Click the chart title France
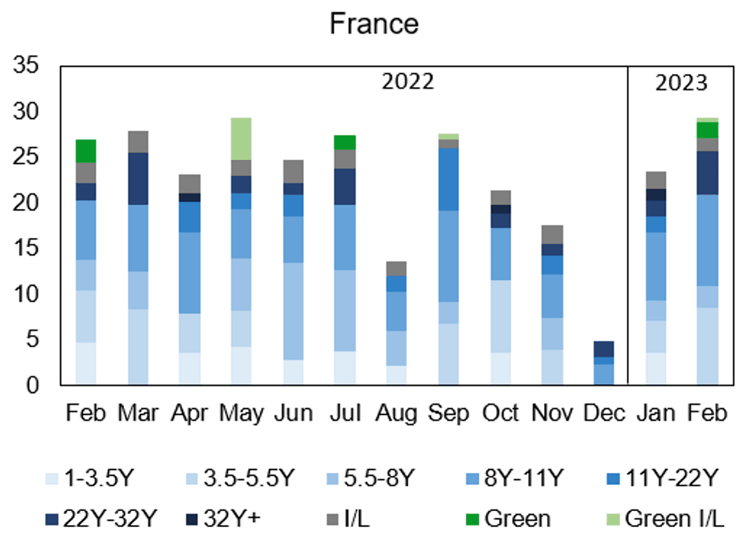tap(374, 24)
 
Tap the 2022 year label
tap(408, 82)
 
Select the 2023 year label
tap(680, 82)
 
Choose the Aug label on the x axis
tap(396, 413)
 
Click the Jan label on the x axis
tap(655, 413)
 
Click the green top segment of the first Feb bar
tap(85, 151)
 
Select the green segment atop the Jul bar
tap(344, 142)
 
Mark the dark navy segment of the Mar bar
tap(138, 178)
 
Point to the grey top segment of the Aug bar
tap(396, 268)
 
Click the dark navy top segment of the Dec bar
tap(603, 348)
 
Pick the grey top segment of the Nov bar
tap(552, 234)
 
